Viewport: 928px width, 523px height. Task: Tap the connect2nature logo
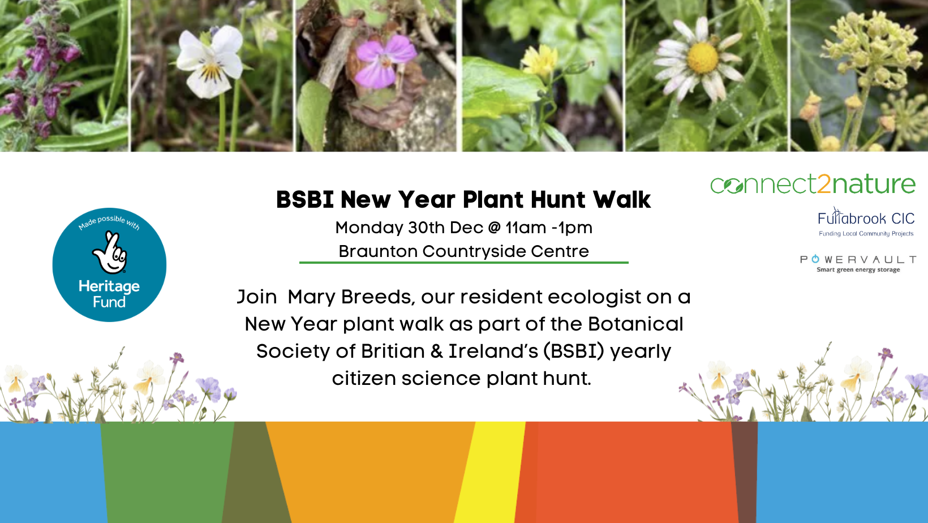pyautogui.click(x=813, y=184)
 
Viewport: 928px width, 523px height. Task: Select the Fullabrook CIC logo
pyautogui.click(x=866, y=222)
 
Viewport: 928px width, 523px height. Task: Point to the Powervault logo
pyautogui.click(x=858, y=264)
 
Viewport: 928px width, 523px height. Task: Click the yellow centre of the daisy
pyautogui.click(x=702, y=58)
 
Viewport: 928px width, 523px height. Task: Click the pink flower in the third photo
pyautogui.click(x=385, y=61)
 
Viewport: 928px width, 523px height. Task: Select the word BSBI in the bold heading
pyautogui.click(x=305, y=200)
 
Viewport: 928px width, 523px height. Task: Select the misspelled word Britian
pyautogui.click(x=392, y=351)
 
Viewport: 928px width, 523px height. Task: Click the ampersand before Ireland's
pyautogui.click(x=436, y=352)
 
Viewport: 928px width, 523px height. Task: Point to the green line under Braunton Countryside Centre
pyautogui.click(x=463, y=262)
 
